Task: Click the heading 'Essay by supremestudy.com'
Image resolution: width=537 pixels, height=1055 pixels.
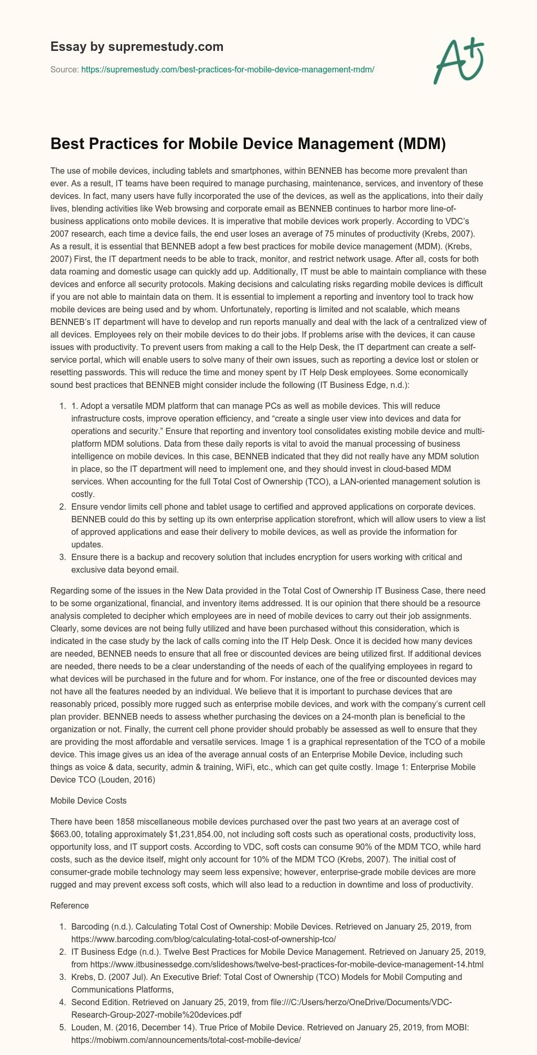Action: [x=137, y=47]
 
